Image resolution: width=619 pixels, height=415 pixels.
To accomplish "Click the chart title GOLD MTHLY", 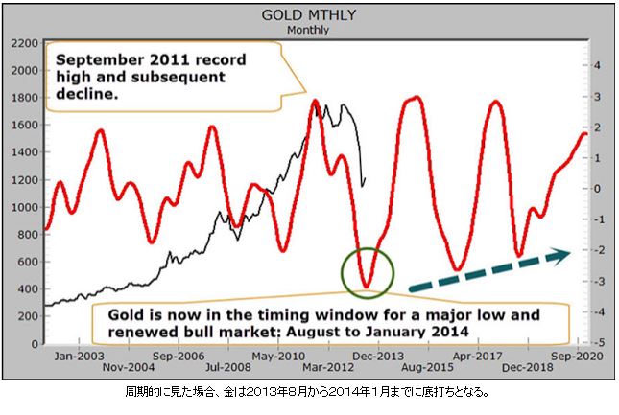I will tap(308, 16).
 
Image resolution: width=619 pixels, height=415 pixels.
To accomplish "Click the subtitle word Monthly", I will tap(308, 30).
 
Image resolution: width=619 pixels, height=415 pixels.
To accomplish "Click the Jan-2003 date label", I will tap(79, 355).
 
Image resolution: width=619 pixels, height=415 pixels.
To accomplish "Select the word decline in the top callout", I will tap(87, 94).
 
